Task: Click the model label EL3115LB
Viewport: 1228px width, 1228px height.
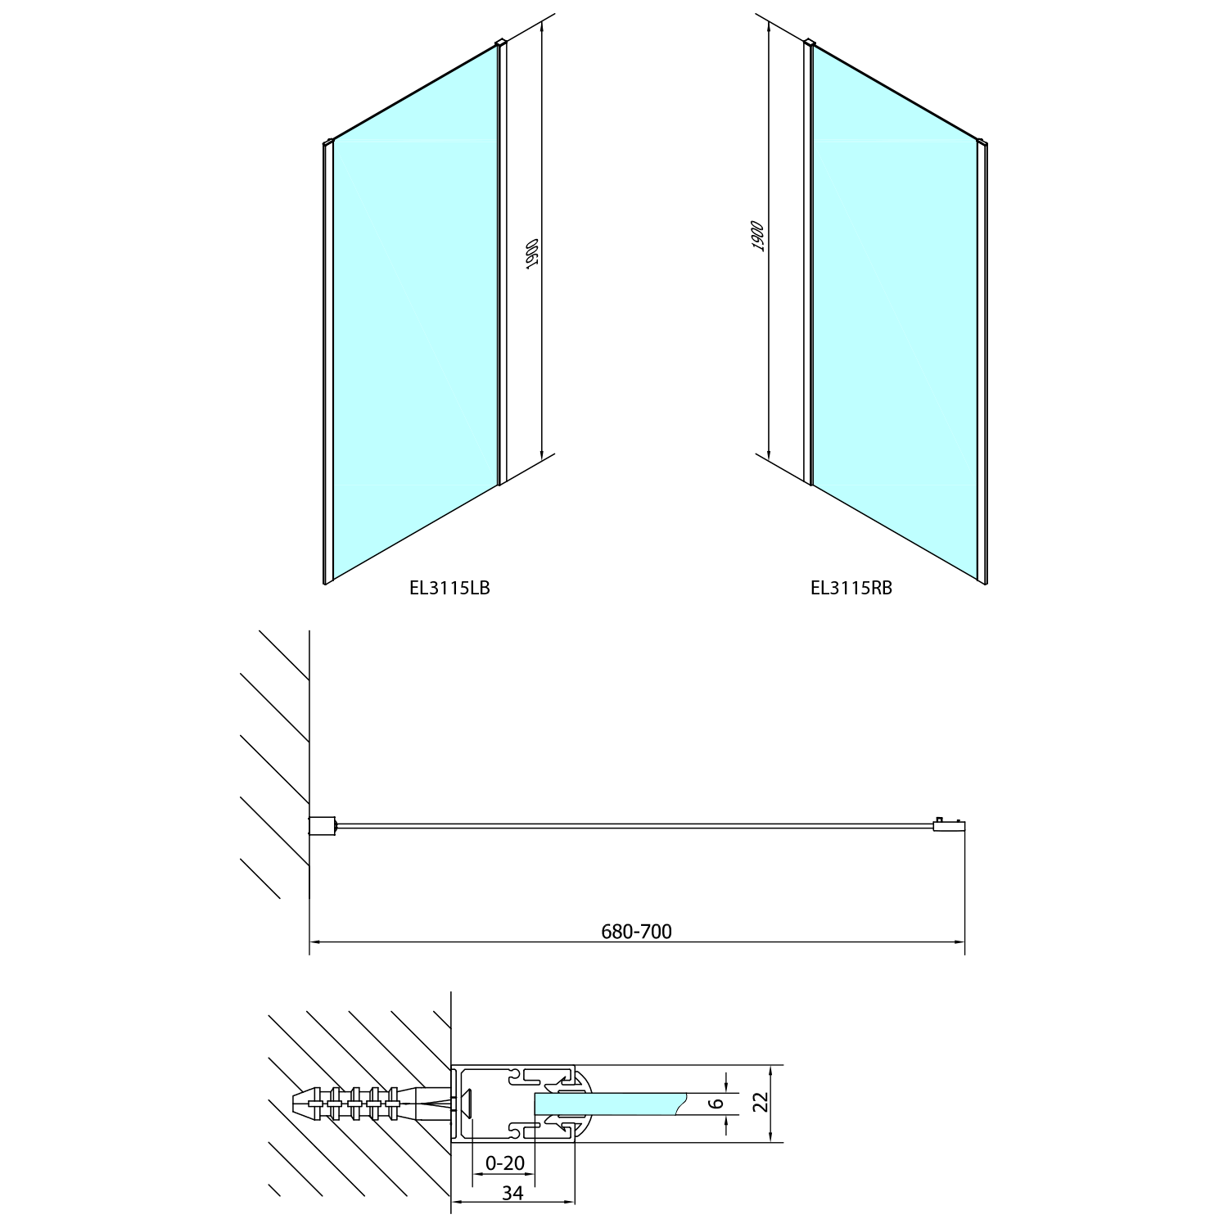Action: pyautogui.click(x=449, y=587)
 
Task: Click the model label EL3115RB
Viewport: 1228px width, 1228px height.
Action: pyautogui.click(x=851, y=587)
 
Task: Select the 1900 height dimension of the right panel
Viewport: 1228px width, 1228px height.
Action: pyautogui.click(x=757, y=236)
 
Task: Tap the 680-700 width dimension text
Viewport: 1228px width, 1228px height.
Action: pyautogui.click(x=636, y=931)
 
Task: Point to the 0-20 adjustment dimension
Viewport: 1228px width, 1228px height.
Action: pyautogui.click(x=504, y=1163)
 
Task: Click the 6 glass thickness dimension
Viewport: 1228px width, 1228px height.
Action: pyautogui.click(x=717, y=1103)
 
